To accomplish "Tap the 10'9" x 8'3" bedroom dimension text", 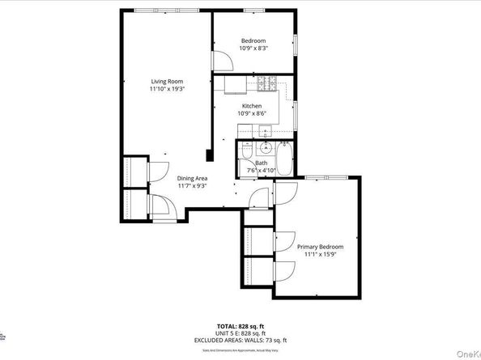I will (253, 49).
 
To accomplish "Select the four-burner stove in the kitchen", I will (268, 83).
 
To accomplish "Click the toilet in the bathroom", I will (265, 149).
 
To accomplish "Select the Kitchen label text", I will (252, 106).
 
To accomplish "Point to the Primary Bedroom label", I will (320, 247).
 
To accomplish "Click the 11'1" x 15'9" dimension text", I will (320, 255).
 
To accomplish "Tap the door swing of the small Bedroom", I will (219, 59).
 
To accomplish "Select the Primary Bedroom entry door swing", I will (283, 192).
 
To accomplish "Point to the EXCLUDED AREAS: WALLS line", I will (240, 340).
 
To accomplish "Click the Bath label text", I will (261, 163).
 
